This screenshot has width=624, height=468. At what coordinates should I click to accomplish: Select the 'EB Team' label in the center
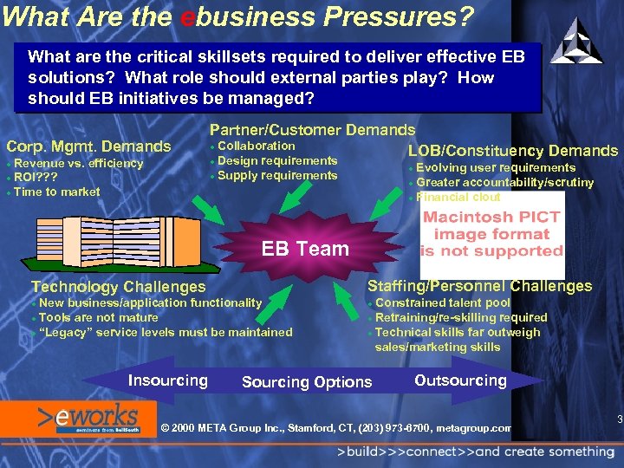click(305, 249)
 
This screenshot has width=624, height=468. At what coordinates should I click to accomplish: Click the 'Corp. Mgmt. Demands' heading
click(88, 146)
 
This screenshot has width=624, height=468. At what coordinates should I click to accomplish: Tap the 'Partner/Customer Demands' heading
click(312, 130)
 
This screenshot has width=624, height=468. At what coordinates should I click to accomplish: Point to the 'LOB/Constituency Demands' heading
click(513, 151)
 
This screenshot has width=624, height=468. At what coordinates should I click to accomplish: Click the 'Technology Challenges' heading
click(119, 287)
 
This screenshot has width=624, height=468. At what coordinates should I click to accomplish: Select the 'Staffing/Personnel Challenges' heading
click(479, 286)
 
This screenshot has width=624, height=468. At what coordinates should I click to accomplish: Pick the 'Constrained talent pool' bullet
click(442, 302)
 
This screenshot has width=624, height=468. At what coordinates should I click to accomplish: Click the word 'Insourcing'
click(167, 380)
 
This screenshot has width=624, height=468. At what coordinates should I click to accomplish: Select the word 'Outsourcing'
click(460, 380)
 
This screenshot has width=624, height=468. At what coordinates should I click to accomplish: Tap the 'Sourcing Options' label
click(307, 382)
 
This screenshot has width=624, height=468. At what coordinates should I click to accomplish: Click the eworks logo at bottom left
click(87, 418)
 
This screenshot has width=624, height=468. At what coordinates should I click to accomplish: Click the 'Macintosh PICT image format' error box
click(491, 234)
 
